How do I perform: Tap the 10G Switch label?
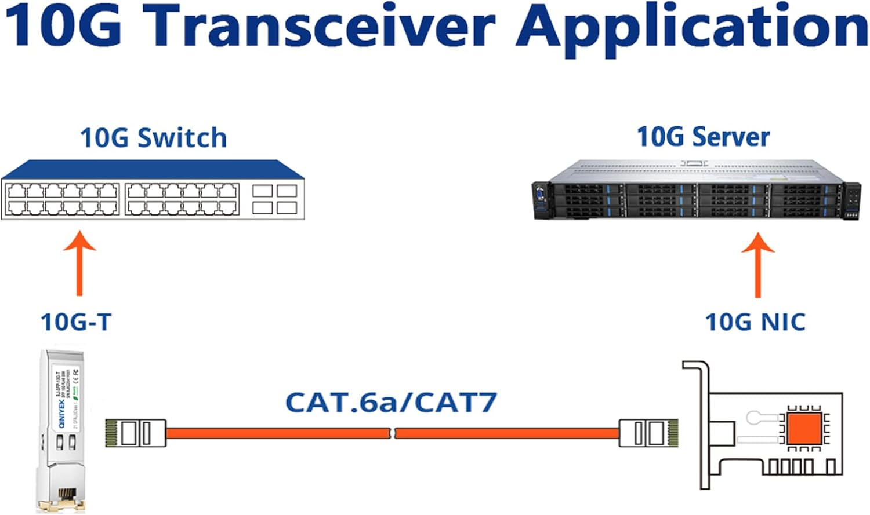coord(153,138)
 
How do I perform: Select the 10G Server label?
coord(703,137)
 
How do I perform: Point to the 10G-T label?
coord(76,322)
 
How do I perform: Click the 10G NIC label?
coord(755,322)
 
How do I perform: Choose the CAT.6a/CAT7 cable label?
coord(391,402)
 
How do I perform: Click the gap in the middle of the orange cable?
coord(393,433)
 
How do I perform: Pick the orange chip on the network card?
coord(803,429)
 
